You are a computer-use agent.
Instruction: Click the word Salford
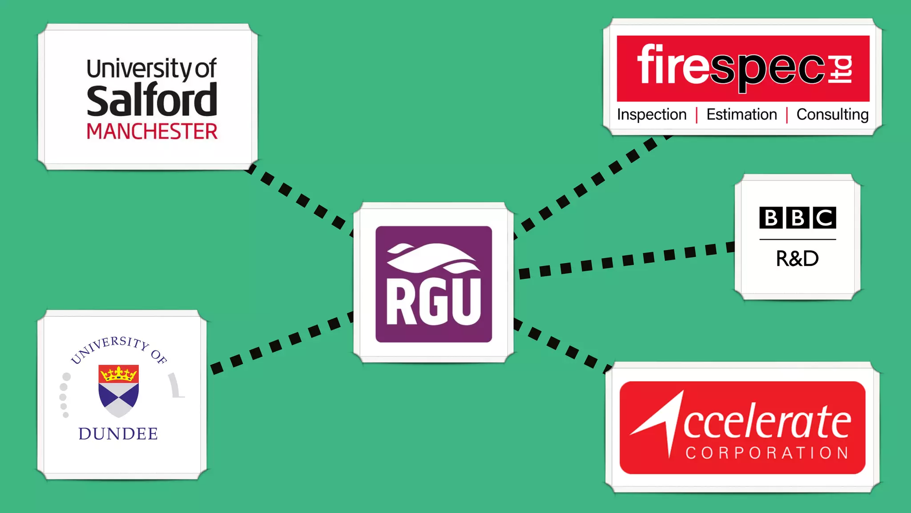pyautogui.click(x=152, y=101)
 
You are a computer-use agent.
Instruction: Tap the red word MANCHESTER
pyautogui.click(x=152, y=132)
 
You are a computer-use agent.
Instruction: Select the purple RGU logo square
pyautogui.click(x=434, y=284)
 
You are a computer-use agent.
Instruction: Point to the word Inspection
pyautogui.click(x=652, y=114)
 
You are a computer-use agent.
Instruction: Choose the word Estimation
pyautogui.click(x=742, y=114)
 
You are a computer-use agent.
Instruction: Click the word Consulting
pyautogui.click(x=832, y=114)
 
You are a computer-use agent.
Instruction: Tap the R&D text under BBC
pyautogui.click(x=797, y=259)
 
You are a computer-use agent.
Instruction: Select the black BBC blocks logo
pyautogui.click(x=798, y=218)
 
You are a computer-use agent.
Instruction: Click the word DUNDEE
pyautogui.click(x=118, y=434)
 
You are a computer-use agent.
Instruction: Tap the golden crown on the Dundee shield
pyautogui.click(x=119, y=374)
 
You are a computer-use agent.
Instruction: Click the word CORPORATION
pyautogui.click(x=767, y=453)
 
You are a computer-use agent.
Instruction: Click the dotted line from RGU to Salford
pyautogui.click(x=302, y=200)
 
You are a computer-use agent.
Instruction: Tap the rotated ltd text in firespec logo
pyautogui.click(x=841, y=69)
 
